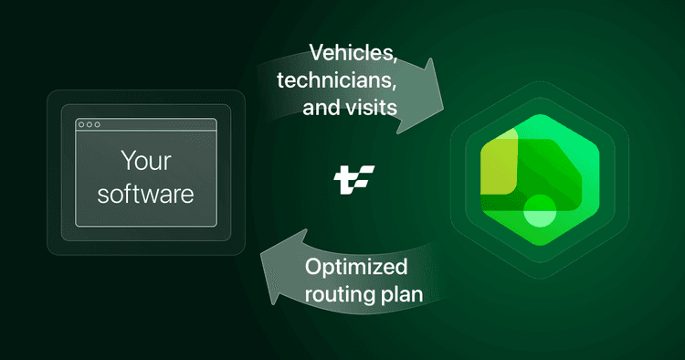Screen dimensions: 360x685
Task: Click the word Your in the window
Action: (146, 162)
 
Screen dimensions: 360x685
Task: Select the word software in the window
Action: (146, 194)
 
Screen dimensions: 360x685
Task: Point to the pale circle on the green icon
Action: (541, 210)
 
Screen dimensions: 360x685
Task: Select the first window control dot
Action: (80, 125)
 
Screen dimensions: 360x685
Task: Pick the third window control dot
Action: (98, 125)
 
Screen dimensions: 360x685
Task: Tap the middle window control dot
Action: (89, 125)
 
